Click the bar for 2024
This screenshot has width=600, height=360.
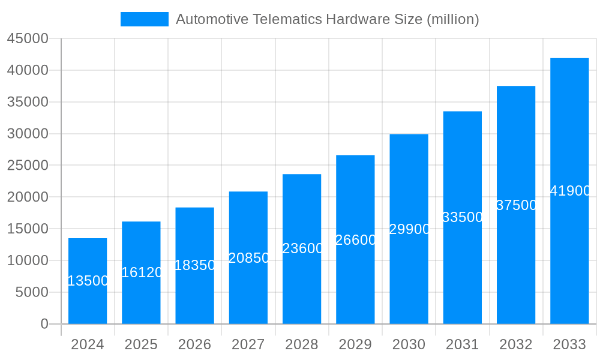point(88,300)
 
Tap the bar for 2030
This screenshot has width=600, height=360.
point(409,270)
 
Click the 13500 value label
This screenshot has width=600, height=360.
point(88,281)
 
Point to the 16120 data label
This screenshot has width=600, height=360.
point(142,272)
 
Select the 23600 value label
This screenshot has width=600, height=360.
point(302,248)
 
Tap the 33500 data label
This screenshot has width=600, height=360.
point(463,217)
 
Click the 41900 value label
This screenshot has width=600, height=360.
point(570,191)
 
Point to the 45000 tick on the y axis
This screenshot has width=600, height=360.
point(27,38)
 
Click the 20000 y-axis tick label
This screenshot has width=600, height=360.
point(27,197)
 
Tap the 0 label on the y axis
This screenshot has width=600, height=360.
point(44,324)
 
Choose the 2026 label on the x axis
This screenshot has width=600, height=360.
point(194,344)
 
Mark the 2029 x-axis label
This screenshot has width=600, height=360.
point(355,344)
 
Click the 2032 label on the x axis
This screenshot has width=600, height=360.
point(516,344)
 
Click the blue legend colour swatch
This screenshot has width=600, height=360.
point(144,19)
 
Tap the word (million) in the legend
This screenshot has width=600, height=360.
point(452,19)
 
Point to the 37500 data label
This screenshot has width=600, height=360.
point(517,205)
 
